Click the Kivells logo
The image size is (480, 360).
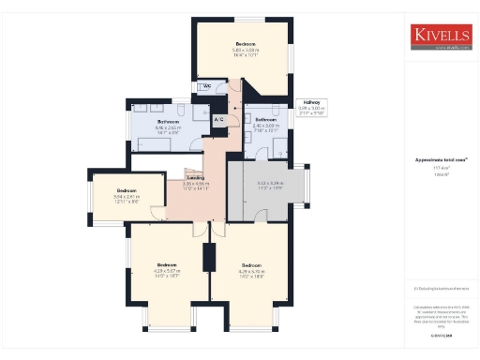coord(440,37)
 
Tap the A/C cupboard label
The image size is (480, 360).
coord(218,120)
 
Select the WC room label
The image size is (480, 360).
coord(205,87)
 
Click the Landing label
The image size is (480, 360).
coord(195,177)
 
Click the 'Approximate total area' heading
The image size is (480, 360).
coord(436,160)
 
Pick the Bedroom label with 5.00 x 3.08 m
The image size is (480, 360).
coord(246,44)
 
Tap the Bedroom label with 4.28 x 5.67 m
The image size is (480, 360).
coord(167,263)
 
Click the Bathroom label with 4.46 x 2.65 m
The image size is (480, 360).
coord(169,122)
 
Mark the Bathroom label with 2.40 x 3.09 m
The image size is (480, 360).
coord(265,120)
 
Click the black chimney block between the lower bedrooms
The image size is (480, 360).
coord(208,256)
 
